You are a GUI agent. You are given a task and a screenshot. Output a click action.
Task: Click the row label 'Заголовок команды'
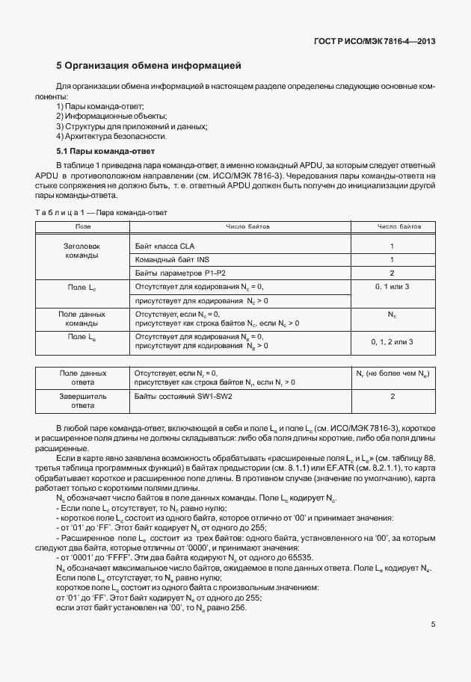tap(83, 250)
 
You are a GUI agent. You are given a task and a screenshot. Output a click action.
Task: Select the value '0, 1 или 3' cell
tap(392, 287)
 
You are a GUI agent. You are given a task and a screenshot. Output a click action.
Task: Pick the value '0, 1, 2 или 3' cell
tap(392, 341)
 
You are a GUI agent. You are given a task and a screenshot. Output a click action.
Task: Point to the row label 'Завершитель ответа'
tap(83, 400)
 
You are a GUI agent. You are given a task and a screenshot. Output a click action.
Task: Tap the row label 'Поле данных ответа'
tap(83, 376)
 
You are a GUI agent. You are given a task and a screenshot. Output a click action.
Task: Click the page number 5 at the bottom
tap(433, 626)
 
